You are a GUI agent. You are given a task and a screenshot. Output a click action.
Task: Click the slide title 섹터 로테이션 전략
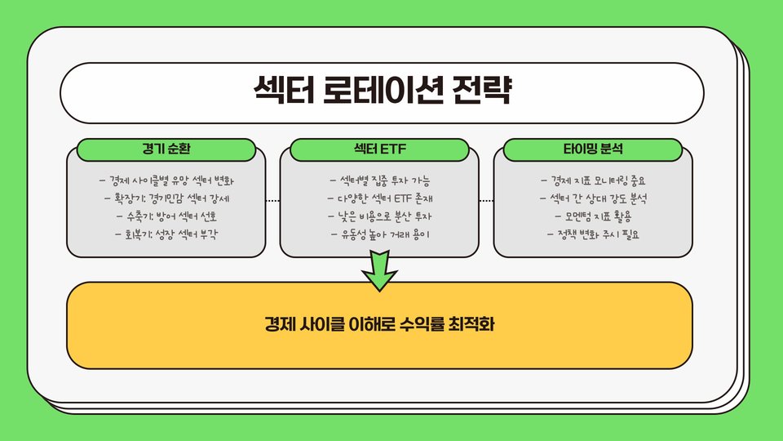(382, 90)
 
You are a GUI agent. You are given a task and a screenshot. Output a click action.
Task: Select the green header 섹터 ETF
(380, 149)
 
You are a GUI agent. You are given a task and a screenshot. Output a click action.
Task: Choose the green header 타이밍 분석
(593, 149)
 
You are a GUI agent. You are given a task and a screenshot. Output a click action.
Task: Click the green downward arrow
(379, 269)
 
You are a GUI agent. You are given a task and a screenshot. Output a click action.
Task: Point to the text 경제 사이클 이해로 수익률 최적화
(379, 324)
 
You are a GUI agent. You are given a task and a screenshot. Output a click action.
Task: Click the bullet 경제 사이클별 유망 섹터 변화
(171, 180)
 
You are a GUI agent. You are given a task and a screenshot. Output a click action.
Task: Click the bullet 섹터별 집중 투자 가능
(380, 180)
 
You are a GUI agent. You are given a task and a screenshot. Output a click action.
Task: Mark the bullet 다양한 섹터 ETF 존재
(380, 198)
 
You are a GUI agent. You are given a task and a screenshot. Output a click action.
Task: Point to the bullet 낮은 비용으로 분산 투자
(380, 216)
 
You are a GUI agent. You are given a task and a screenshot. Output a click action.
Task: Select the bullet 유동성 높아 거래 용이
(380, 234)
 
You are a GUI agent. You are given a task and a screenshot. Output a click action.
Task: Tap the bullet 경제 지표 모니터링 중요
(593, 180)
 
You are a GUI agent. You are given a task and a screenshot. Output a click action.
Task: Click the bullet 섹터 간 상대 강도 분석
(593, 198)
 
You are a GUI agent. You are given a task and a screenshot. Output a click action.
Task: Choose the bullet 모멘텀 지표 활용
(593, 216)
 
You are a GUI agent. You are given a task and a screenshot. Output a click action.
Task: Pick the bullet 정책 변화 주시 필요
(593, 234)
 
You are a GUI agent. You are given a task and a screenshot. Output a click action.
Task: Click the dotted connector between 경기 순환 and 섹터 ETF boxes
(273, 200)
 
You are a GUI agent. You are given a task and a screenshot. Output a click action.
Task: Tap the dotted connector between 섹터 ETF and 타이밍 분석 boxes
(487, 200)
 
